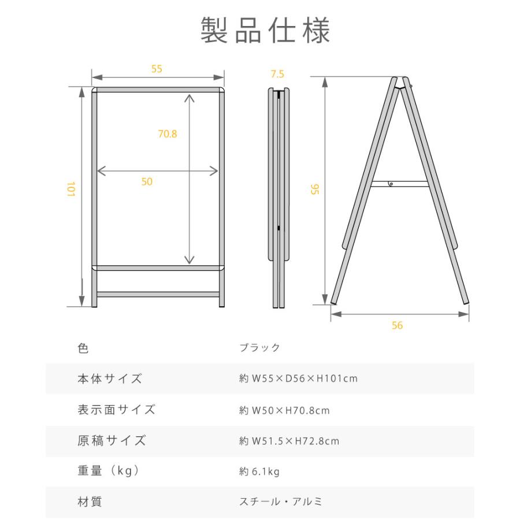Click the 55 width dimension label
[x=157, y=69]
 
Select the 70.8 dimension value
[x=168, y=134]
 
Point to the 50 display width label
[x=147, y=181]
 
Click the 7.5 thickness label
[x=277, y=74]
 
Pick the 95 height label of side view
[x=315, y=189]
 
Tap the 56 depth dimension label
[x=396, y=325]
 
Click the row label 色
[x=83, y=348]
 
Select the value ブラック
[x=259, y=348]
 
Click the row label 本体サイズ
[x=109, y=379]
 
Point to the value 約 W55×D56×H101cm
[x=298, y=379]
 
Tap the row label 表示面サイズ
[x=116, y=410]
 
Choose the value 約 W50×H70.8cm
[x=284, y=410]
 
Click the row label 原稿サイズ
[x=112, y=441]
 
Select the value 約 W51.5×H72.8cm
[x=289, y=441]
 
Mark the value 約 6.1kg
[x=259, y=472]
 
